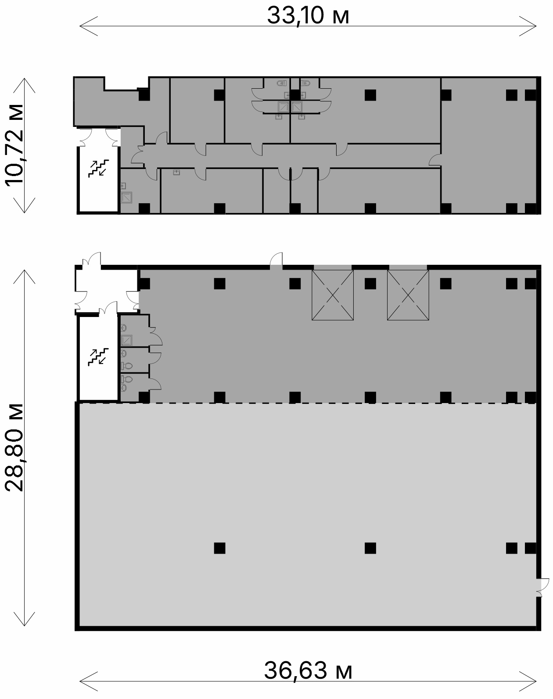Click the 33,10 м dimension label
(x=308, y=16)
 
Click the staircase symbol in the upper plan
(x=98, y=168)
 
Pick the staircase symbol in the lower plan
(x=98, y=357)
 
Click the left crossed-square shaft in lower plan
(x=333, y=295)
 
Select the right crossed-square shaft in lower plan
(x=408, y=295)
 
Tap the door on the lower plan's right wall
(x=542, y=587)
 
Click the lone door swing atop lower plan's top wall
(x=276, y=260)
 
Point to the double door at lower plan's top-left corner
(x=91, y=260)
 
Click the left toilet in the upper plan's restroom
(x=281, y=83)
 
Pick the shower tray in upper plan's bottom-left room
(x=126, y=198)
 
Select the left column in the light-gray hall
(x=219, y=548)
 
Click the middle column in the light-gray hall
(x=370, y=548)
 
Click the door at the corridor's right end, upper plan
(x=434, y=160)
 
